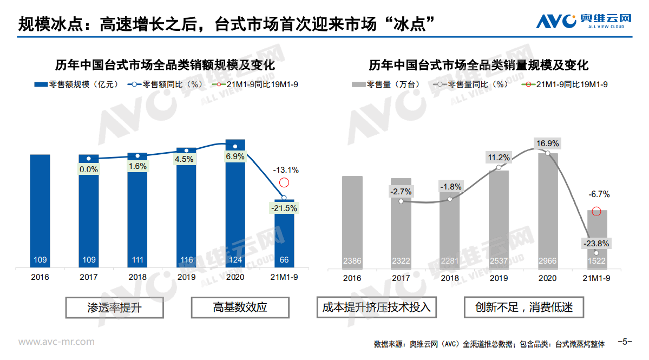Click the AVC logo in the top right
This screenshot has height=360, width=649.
point(584,20)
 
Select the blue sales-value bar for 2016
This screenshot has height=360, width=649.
point(40,211)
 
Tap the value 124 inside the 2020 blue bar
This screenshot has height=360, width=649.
point(235,260)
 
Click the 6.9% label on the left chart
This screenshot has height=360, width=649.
point(235,156)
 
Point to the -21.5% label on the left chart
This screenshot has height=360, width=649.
point(284,208)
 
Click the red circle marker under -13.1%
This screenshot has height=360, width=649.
point(284,183)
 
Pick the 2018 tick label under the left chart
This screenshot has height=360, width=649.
point(137,277)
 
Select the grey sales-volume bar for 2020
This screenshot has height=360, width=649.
point(547,211)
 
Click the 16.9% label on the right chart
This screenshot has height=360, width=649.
point(547,143)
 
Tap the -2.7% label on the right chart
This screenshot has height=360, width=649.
point(401,191)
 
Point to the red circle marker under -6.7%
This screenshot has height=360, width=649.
point(596,211)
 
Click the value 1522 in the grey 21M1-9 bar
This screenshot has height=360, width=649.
point(595,261)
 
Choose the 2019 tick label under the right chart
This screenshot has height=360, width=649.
point(499,278)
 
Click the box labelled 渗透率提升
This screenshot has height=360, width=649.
point(115,307)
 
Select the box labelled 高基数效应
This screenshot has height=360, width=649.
point(240,307)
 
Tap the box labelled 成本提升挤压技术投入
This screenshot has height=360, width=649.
point(377,307)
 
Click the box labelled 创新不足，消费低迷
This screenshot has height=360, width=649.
point(524,307)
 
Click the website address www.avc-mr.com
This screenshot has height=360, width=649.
point(57,342)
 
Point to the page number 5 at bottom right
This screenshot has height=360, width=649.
point(626,342)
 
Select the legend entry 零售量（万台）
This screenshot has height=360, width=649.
point(386,84)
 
